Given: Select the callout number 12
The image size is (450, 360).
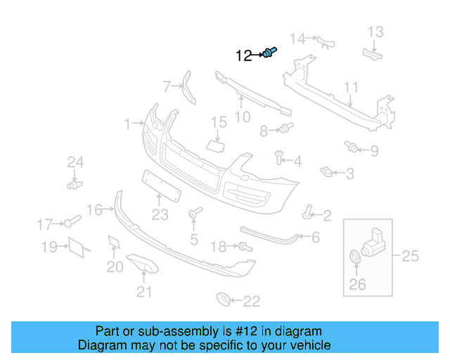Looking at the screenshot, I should pyautogui.click(x=243, y=56).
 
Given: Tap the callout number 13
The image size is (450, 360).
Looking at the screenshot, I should pyautogui.click(x=375, y=31).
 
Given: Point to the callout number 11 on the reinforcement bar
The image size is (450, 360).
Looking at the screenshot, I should pyautogui.click(x=352, y=87).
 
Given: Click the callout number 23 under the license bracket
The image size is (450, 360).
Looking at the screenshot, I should pyautogui.click(x=160, y=214).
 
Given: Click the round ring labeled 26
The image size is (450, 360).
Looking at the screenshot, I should pyautogui.click(x=354, y=258).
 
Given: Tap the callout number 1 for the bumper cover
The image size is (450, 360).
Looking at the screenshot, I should pyautogui.click(x=128, y=124).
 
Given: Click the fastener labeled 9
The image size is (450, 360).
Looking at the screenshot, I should pyautogui.click(x=351, y=146).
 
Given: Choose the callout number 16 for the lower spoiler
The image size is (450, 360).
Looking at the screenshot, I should pyautogui.click(x=94, y=210).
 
